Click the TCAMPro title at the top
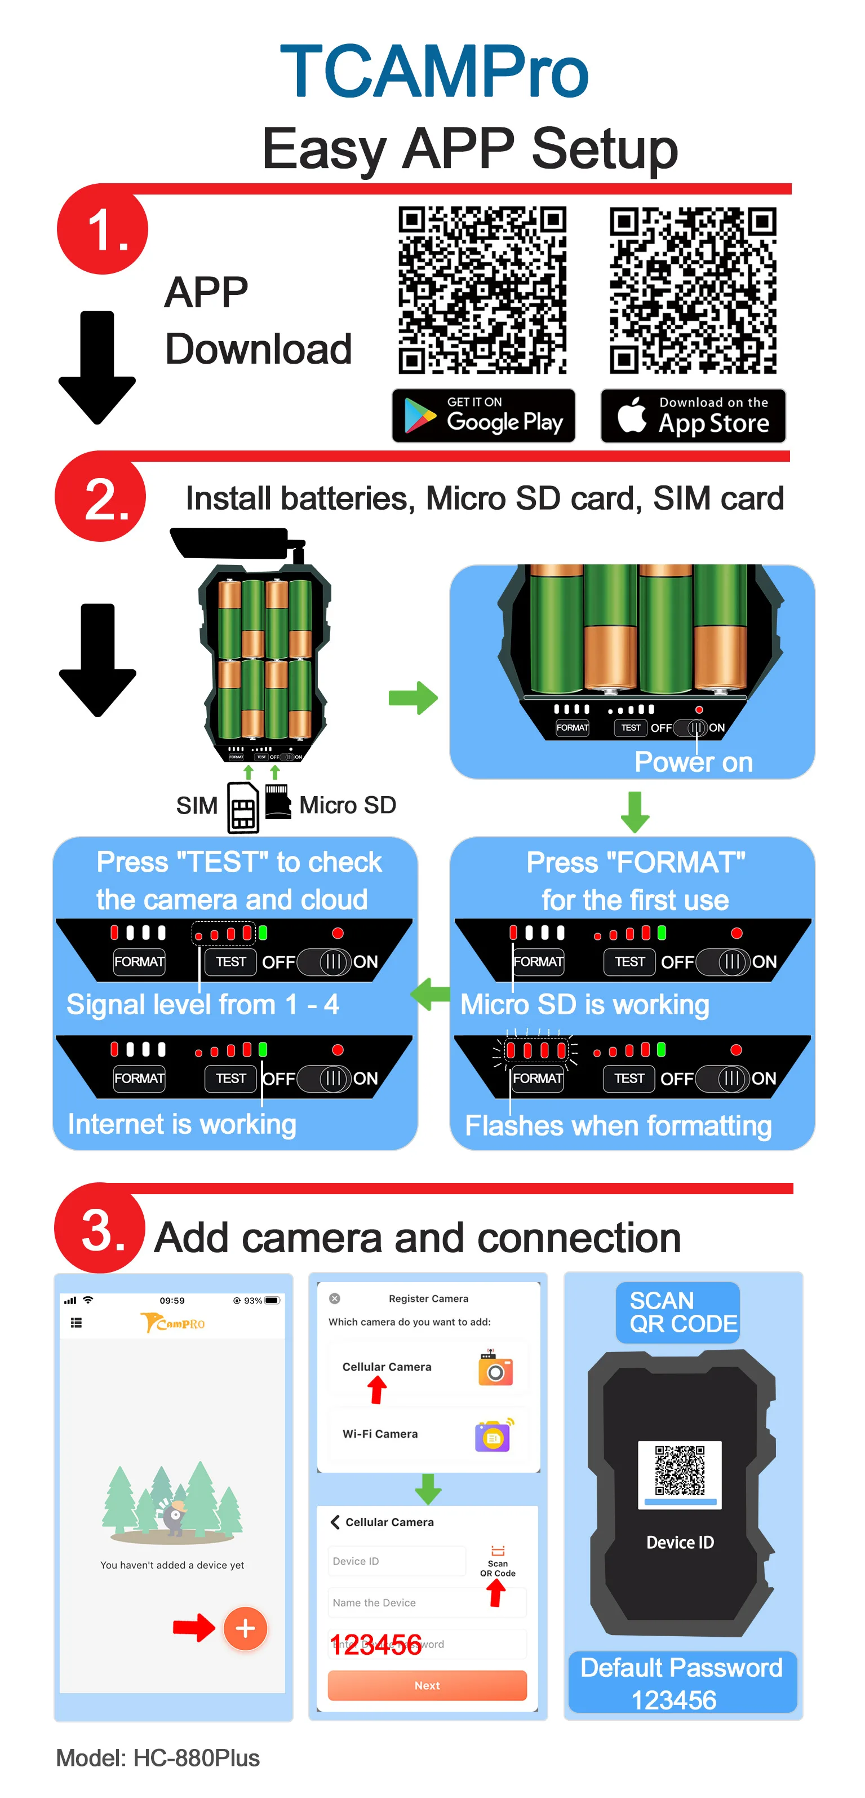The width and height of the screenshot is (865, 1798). click(434, 71)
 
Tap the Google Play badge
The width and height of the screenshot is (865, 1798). click(483, 416)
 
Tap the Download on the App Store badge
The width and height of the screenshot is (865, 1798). click(693, 416)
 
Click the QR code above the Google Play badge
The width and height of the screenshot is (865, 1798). click(482, 290)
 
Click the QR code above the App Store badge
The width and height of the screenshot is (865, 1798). click(693, 290)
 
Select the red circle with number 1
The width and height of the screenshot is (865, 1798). click(103, 229)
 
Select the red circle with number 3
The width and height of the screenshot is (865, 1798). click(100, 1229)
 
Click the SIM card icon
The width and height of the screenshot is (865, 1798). click(243, 807)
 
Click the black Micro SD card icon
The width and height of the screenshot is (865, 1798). click(278, 801)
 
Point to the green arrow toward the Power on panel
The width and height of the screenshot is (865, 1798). click(413, 697)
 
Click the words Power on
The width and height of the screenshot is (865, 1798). click(693, 762)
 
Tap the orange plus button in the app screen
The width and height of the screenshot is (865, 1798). click(245, 1628)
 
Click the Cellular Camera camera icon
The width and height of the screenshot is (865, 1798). click(495, 1368)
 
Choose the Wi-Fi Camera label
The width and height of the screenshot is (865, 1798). click(380, 1434)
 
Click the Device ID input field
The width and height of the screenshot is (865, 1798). click(396, 1561)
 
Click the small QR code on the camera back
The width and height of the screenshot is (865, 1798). click(680, 1470)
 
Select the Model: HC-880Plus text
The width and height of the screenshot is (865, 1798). click(158, 1757)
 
